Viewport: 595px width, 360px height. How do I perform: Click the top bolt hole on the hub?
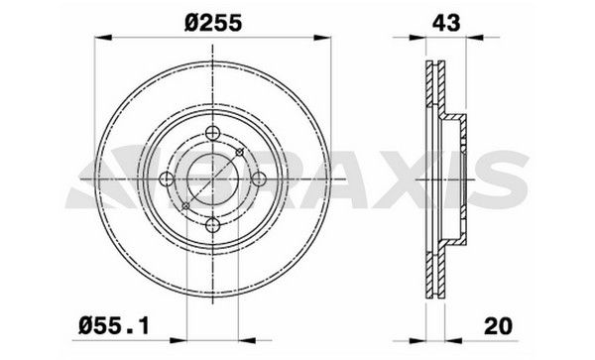(212, 136)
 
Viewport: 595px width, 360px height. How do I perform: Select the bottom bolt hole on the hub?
(212, 224)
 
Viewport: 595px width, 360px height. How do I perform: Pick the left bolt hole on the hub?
(168, 180)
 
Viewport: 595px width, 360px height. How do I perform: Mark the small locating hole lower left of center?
(186, 207)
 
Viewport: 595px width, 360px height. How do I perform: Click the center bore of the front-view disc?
(212, 180)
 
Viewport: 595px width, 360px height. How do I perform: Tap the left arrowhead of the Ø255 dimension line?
(100, 38)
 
